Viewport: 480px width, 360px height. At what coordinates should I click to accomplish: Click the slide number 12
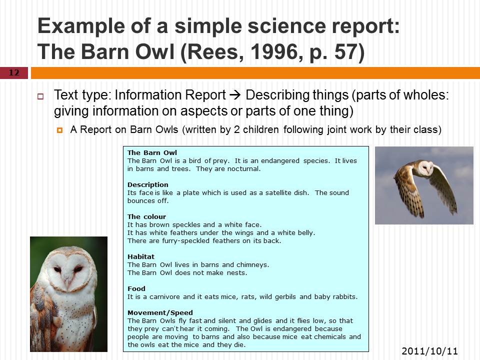[x=14, y=72]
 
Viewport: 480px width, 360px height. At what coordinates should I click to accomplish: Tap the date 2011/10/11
[x=429, y=351]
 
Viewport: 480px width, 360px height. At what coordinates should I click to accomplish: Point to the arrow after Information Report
[x=235, y=95]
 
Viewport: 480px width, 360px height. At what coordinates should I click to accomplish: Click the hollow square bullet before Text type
[x=40, y=96]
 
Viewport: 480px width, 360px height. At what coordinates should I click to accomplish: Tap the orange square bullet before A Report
[x=59, y=130]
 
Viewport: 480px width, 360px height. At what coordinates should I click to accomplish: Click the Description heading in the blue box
[x=148, y=184]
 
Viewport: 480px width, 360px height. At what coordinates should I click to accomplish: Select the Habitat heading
[x=141, y=256]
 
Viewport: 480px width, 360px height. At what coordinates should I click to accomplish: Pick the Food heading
[x=136, y=288]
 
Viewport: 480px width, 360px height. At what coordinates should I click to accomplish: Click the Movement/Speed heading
[x=160, y=312]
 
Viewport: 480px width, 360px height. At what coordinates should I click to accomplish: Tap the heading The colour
[x=146, y=216]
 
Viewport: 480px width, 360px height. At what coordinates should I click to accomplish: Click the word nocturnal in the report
[x=243, y=168]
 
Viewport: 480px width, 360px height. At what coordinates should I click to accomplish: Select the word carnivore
[x=164, y=296]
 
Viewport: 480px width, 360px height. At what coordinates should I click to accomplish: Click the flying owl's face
[x=425, y=168]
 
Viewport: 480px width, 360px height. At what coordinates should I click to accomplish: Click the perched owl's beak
[x=68, y=280]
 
